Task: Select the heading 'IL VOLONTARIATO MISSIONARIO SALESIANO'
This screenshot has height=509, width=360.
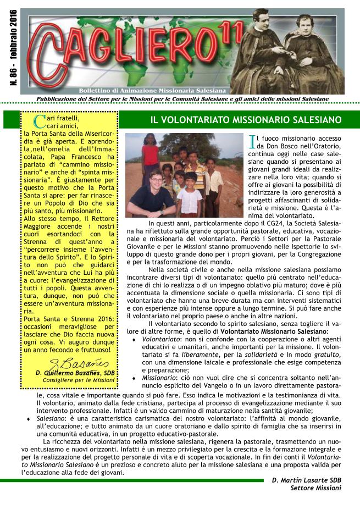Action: click(246, 119)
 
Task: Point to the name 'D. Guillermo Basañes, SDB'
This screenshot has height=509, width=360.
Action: click(75, 373)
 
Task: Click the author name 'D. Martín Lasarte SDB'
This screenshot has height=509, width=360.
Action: click(306, 480)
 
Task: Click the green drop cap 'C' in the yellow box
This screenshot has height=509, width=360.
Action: click(37, 121)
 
